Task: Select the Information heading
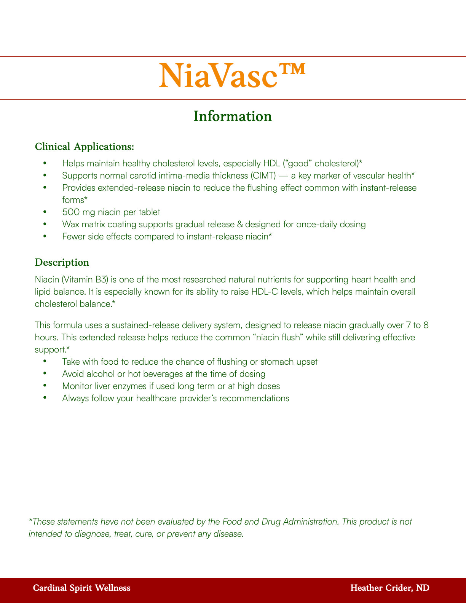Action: pyautogui.click(x=233, y=116)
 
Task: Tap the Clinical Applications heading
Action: pyautogui.click(x=84, y=147)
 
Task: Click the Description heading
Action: pyautogui.click(x=62, y=262)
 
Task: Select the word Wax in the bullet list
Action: pyautogui.click(x=71, y=224)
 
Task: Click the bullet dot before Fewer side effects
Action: pyautogui.click(x=45, y=236)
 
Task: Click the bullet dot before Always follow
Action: pyautogui.click(x=45, y=398)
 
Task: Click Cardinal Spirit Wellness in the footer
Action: pyautogui.click(x=81, y=588)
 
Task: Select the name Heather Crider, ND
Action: pyautogui.click(x=389, y=588)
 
